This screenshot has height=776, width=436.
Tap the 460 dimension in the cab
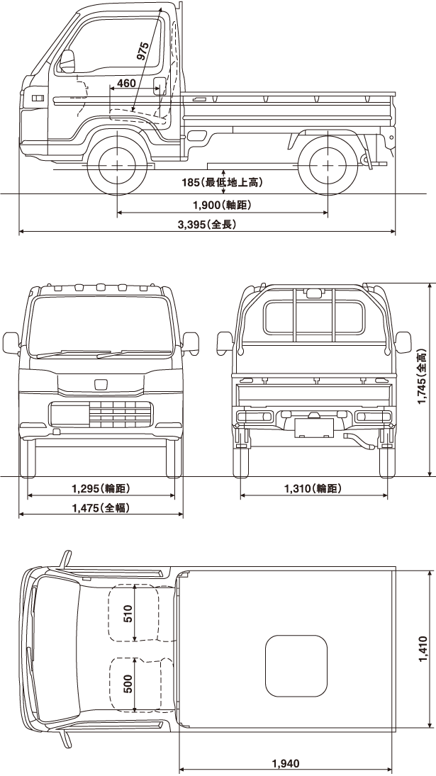pyautogui.click(x=125, y=84)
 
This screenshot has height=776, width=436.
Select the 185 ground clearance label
pyautogui.click(x=222, y=183)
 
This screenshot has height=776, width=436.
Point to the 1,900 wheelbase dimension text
pyautogui.click(x=222, y=205)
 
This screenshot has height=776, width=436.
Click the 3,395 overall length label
pyautogui.click(x=206, y=225)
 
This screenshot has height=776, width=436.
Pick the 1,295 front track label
pyautogui.click(x=101, y=488)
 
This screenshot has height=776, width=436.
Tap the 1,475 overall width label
pyautogui.click(x=101, y=507)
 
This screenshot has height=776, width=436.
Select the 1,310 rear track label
pyautogui.click(x=313, y=488)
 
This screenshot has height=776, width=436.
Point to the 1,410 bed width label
pyautogui.click(x=422, y=650)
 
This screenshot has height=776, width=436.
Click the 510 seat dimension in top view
pyautogui.click(x=128, y=614)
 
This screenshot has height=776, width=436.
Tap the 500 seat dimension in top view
pyautogui.click(x=128, y=683)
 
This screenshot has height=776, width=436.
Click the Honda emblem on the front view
pyautogui.click(x=100, y=385)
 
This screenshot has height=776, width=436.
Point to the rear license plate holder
pyautogui.click(x=313, y=427)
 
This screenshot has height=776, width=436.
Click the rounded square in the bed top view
pyautogui.click(x=296, y=665)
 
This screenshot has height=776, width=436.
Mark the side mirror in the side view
pyautogui.click(x=67, y=62)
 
